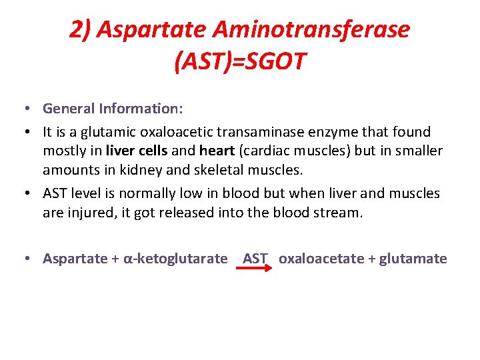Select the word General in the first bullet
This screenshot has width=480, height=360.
coord(68,108)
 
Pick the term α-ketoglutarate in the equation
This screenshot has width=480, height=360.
coord(176,259)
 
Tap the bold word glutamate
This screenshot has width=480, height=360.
coord(413,259)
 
